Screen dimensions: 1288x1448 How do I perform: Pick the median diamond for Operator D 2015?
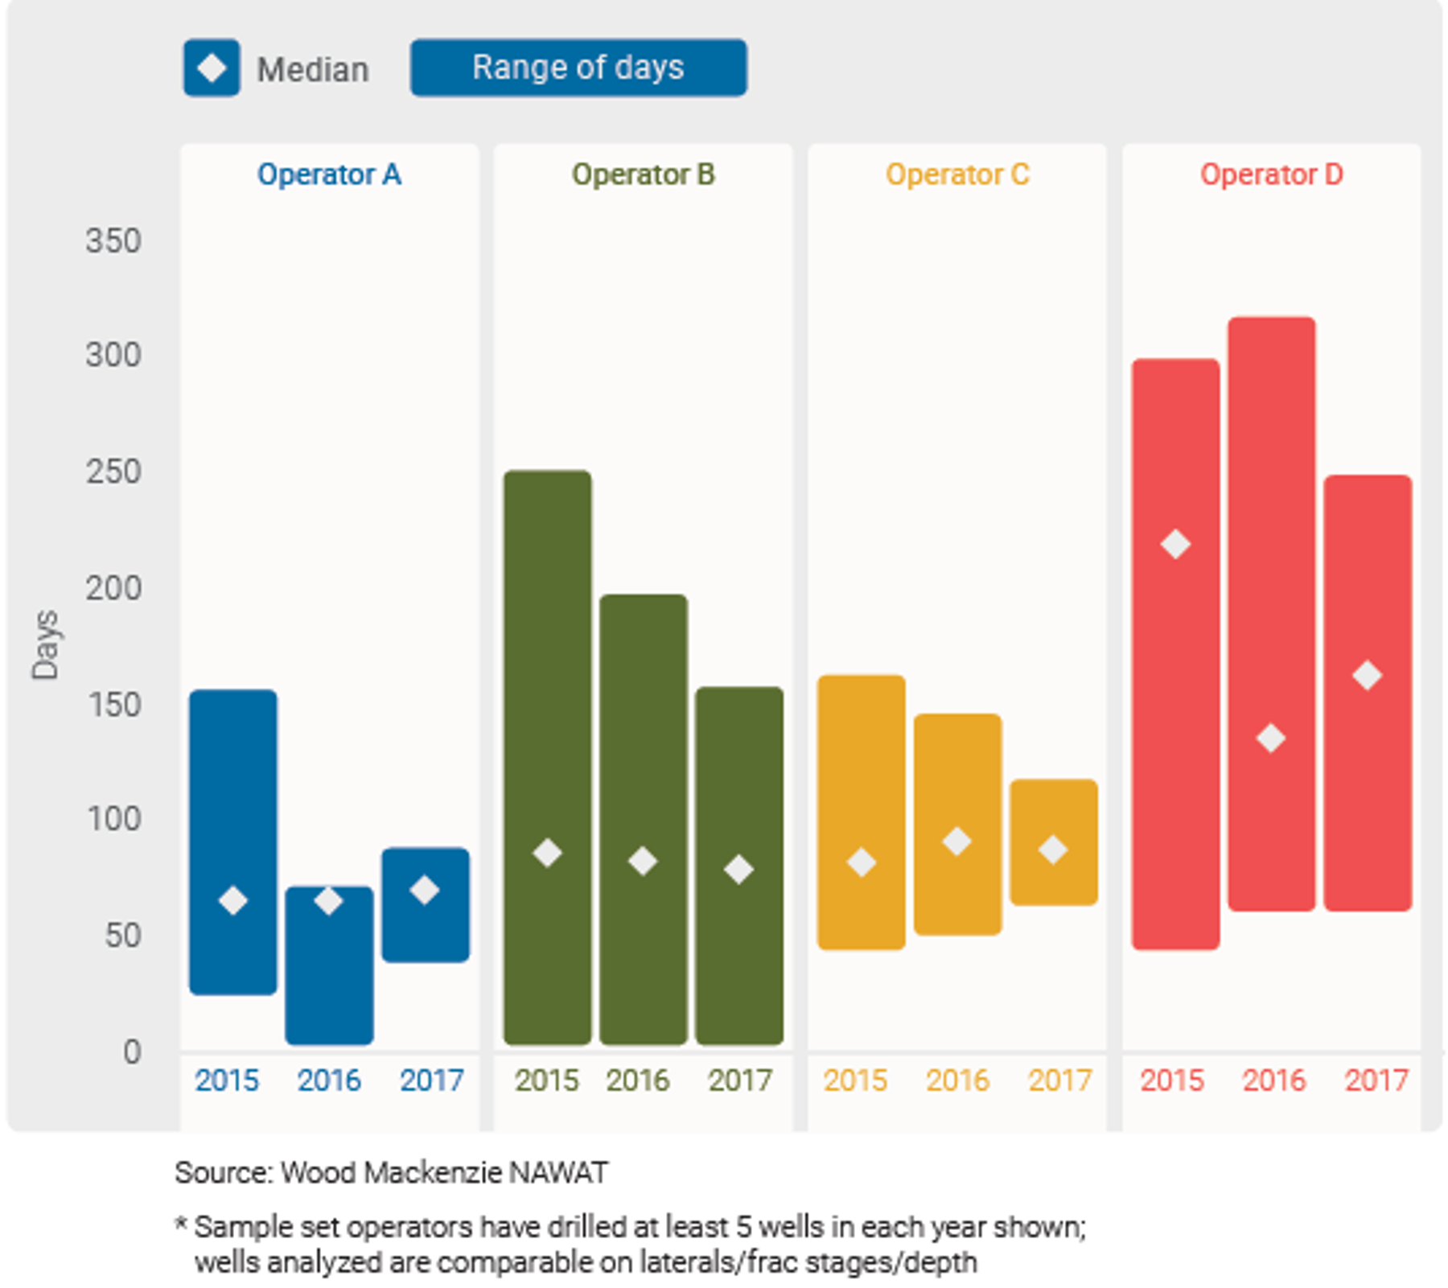[1175, 545]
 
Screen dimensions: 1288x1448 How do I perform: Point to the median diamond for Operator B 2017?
[738, 870]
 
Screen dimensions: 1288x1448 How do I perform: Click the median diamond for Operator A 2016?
[328, 900]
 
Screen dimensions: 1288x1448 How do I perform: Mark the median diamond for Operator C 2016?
[956, 842]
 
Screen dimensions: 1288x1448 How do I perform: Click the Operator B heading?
[643, 175]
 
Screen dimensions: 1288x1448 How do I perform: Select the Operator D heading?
[1271, 175]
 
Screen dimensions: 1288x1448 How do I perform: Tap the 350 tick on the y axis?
[113, 241]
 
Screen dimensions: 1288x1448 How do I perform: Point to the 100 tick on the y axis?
[113, 819]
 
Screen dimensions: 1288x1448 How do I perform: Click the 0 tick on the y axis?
[132, 1051]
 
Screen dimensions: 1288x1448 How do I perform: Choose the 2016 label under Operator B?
[637, 1080]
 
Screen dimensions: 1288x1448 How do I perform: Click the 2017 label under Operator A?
[432, 1080]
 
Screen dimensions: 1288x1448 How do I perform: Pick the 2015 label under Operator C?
[855, 1080]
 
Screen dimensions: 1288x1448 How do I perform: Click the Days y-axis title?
[45, 645]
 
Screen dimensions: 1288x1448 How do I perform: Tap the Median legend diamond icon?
[212, 68]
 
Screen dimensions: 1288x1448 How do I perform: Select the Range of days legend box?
[578, 68]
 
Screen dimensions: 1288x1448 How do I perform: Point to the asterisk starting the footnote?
[181, 1225]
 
